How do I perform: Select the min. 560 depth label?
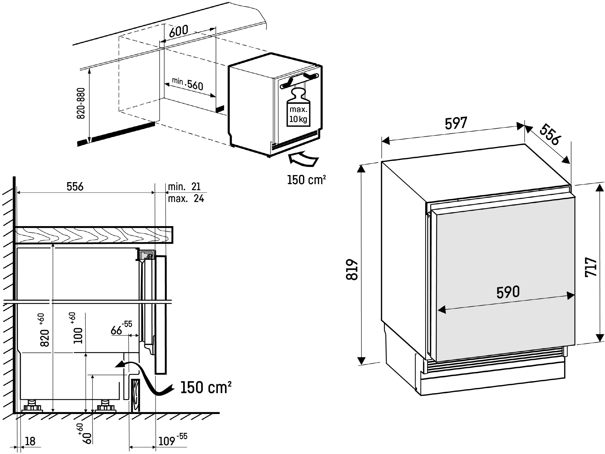tap(188, 84)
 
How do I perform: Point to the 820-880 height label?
tap(81, 103)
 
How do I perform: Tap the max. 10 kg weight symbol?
tap(298, 107)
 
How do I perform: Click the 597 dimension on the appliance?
tap(456, 123)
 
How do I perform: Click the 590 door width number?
tap(508, 292)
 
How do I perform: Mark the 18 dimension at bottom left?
tap(30, 441)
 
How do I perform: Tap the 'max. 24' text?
tap(186, 198)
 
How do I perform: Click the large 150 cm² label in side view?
tap(206, 387)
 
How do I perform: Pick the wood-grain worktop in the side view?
tap(94, 235)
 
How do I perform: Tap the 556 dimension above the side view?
tap(75, 186)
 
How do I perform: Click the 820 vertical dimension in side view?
tap(45, 330)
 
